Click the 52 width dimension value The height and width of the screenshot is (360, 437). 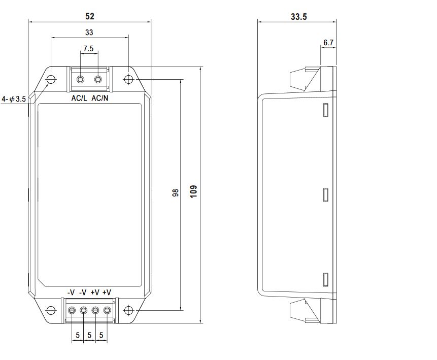coord(90,16)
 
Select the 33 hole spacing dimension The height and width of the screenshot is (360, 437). coord(89,32)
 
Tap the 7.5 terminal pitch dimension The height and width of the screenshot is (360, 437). coord(88,49)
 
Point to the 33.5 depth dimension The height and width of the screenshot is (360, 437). coord(299,17)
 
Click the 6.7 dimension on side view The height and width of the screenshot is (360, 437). coord(328,43)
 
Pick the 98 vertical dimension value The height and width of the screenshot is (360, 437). coord(175,192)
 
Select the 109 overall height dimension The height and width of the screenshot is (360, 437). coord(193,191)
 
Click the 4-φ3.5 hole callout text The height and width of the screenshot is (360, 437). coord(14,99)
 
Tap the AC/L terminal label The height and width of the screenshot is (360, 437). coord(79,98)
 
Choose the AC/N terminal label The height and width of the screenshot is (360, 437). coord(100,98)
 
